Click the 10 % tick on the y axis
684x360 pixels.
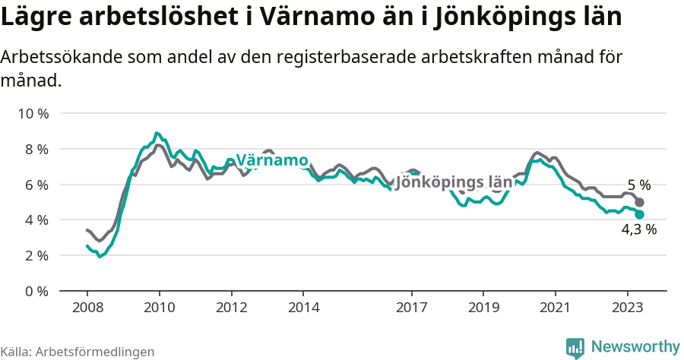(33, 114)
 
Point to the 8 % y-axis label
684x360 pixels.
(36, 150)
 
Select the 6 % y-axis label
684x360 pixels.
(36, 185)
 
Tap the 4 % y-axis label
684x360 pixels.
(36, 220)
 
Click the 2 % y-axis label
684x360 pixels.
(36, 256)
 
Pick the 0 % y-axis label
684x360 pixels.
(36, 291)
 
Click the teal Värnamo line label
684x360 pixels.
(271, 161)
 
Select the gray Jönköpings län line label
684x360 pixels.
(454, 182)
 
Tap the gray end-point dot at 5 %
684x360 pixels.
(640, 203)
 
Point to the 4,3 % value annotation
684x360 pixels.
(638, 230)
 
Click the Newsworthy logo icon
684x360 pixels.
(575, 348)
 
